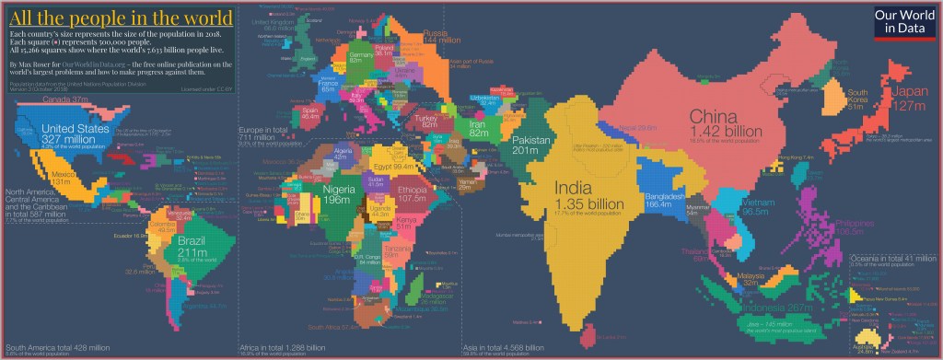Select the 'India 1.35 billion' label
583,196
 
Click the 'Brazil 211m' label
194,248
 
